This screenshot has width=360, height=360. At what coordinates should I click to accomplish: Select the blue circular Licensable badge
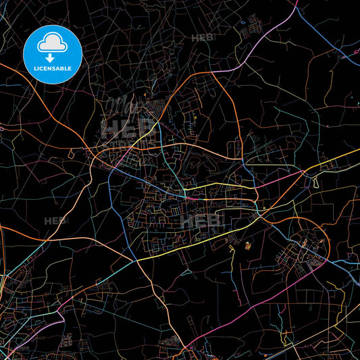click(x=53, y=55)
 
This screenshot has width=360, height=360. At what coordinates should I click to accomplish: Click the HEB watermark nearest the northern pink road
click(x=202, y=38)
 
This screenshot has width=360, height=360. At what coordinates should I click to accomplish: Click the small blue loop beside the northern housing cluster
click(x=242, y=24)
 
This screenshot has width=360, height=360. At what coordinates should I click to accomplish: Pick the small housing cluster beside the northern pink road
click(x=257, y=27)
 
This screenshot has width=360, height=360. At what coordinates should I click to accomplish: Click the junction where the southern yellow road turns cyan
click(x=138, y=261)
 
